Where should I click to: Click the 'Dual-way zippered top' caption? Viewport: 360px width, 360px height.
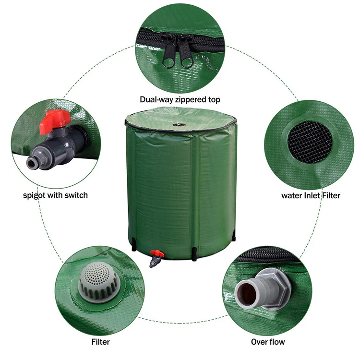[180, 100]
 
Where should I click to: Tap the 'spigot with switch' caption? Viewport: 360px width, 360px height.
[56, 195]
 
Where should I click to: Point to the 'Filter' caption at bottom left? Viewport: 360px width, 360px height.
[100, 342]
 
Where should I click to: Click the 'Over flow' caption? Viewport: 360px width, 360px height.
[268, 342]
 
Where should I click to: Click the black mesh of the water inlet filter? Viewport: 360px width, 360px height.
[310, 141]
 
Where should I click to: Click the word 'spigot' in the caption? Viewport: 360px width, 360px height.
[35, 195]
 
